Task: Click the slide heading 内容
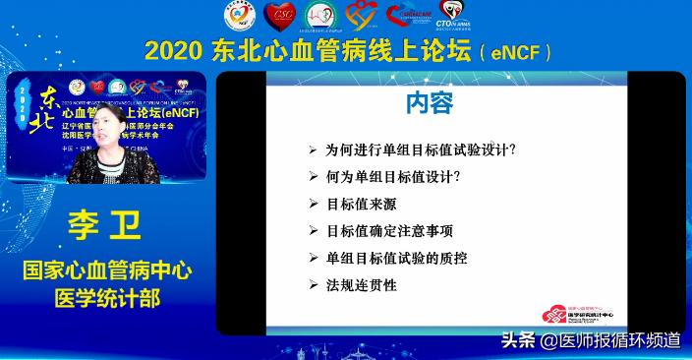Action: [429, 103]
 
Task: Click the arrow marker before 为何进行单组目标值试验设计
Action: [313, 150]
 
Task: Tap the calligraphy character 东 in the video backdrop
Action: [48, 98]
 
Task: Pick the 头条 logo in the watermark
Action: [519, 340]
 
